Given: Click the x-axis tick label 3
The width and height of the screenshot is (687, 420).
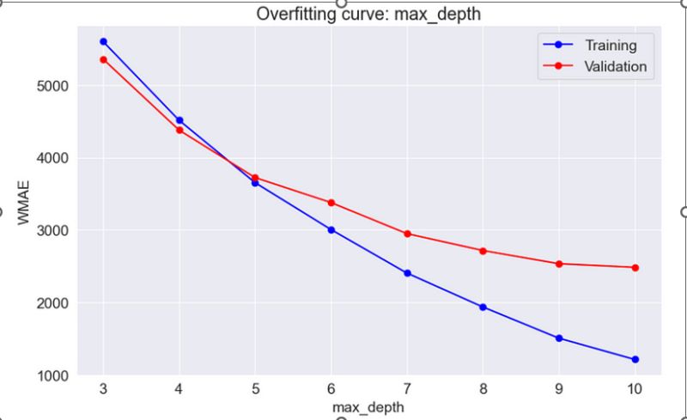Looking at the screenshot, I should pos(103,388).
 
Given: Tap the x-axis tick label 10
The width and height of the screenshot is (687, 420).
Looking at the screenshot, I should pos(635,388).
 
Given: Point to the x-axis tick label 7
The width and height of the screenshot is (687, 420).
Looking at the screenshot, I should pos(407,388).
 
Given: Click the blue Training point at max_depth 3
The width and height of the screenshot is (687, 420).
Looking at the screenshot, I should pos(103,41).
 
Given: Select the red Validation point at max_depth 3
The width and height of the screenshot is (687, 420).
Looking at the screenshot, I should pos(103,59).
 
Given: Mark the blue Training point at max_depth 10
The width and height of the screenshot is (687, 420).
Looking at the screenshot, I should pos(635,359).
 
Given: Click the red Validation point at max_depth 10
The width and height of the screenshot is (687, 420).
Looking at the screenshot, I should pos(635,267).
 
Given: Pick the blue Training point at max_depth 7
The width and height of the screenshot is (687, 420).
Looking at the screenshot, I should pos(407,273).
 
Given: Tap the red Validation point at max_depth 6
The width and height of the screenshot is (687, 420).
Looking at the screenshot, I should pos(331,203).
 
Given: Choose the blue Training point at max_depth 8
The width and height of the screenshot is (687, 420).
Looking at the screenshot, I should pos(483,307).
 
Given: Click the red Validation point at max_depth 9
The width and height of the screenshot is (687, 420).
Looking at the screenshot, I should pos(559,264).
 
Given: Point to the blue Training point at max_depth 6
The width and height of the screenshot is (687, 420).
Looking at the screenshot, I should pos(331,229).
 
